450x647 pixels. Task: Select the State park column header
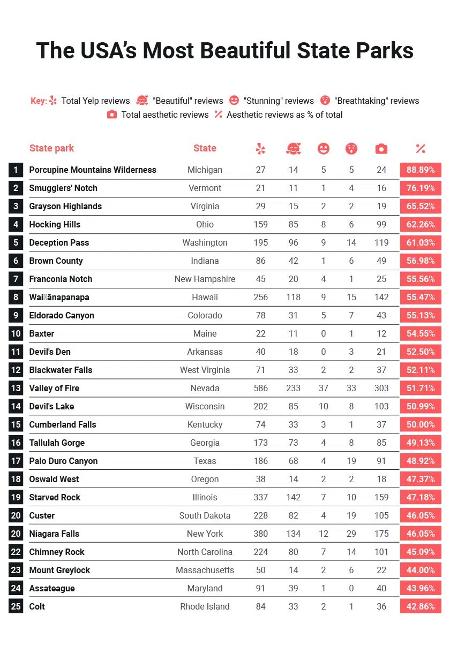tap(51, 148)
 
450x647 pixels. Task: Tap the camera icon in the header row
tap(381, 149)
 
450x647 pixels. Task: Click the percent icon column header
tap(421, 149)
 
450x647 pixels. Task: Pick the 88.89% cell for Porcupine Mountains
tap(421, 170)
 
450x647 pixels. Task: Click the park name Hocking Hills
tap(55, 225)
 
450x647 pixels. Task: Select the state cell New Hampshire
tap(205, 279)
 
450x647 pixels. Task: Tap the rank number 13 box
tap(16, 389)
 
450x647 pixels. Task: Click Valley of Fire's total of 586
tap(260, 389)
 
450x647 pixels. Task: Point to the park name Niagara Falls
tap(54, 534)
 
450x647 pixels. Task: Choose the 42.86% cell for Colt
tap(421, 607)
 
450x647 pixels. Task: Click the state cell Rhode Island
tap(205, 607)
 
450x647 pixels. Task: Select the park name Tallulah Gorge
tap(57, 443)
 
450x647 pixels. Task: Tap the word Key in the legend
tap(39, 101)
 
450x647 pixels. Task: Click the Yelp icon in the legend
tap(53, 101)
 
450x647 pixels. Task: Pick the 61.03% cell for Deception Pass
tap(421, 243)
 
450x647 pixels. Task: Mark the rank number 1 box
tap(16, 170)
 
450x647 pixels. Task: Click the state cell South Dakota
tap(205, 516)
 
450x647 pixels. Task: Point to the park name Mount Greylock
tap(59, 570)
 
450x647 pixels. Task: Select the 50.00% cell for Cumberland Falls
tap(421, 425)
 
